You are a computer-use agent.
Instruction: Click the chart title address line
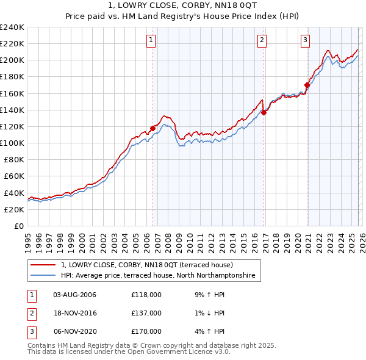pyautogui.click(x=183, y=5)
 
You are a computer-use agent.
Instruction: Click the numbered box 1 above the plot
pyautogui.click(x=151, y=41)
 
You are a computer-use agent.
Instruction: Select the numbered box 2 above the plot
pyautogui.click(x=262, y=41)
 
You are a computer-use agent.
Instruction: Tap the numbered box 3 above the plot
pyautogui.click(x=305, y=41)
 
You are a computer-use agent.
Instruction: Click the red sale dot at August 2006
pyautogui.click(x=152, y=128)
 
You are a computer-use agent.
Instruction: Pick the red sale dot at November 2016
pyautogui.click(x=264, y=112)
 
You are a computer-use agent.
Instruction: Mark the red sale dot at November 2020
pyautogui.click(x=307, y=85)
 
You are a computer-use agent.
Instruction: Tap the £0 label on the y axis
pyautogui.click(x=19, y=226)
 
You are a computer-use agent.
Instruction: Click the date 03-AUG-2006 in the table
pyautogui.click(x=75, y=295)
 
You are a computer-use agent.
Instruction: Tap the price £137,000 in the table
pyautogui.click(x=146, y=313)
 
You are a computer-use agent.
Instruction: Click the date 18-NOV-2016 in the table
pyautogui.click(x=75, y=313)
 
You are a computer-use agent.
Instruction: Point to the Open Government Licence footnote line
pyautogui.click(x=129, y=352)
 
